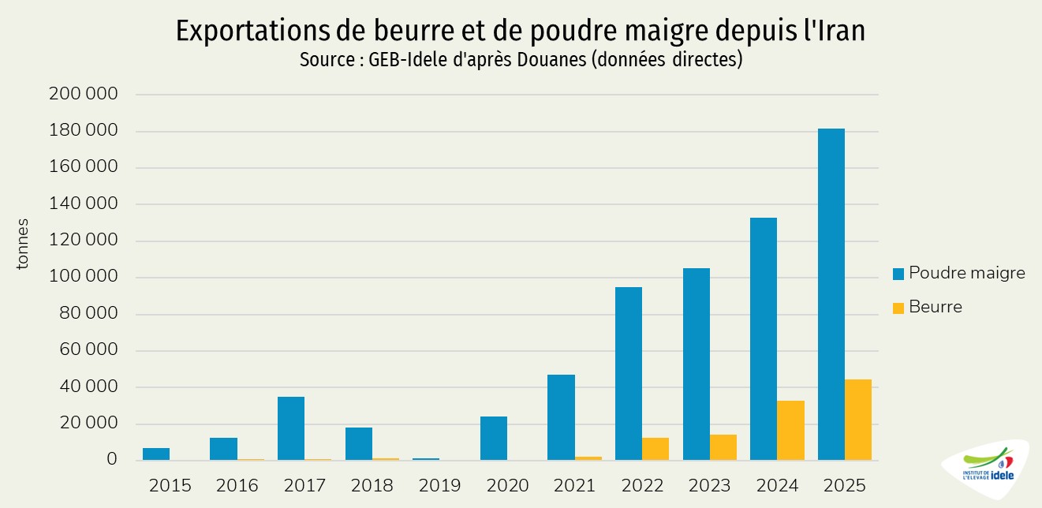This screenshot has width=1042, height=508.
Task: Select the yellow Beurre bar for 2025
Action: [858, 420]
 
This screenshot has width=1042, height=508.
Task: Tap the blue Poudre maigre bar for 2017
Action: [291, 428]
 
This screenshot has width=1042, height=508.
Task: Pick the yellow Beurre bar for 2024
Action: [790, 431]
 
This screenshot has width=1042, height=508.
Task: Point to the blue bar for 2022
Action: [629, 374]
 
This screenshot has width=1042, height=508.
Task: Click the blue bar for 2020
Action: [494, 439]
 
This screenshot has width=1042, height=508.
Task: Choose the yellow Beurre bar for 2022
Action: [655, 449]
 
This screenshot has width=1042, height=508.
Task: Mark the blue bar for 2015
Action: [156, 454]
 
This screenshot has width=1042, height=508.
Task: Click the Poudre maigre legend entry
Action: [958, 274]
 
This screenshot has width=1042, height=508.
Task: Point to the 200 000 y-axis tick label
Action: [83, 95]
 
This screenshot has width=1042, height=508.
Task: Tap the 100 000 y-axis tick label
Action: [83, 278]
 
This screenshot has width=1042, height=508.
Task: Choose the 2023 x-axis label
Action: [709, 485]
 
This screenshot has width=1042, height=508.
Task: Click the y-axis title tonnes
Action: [23, 244]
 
